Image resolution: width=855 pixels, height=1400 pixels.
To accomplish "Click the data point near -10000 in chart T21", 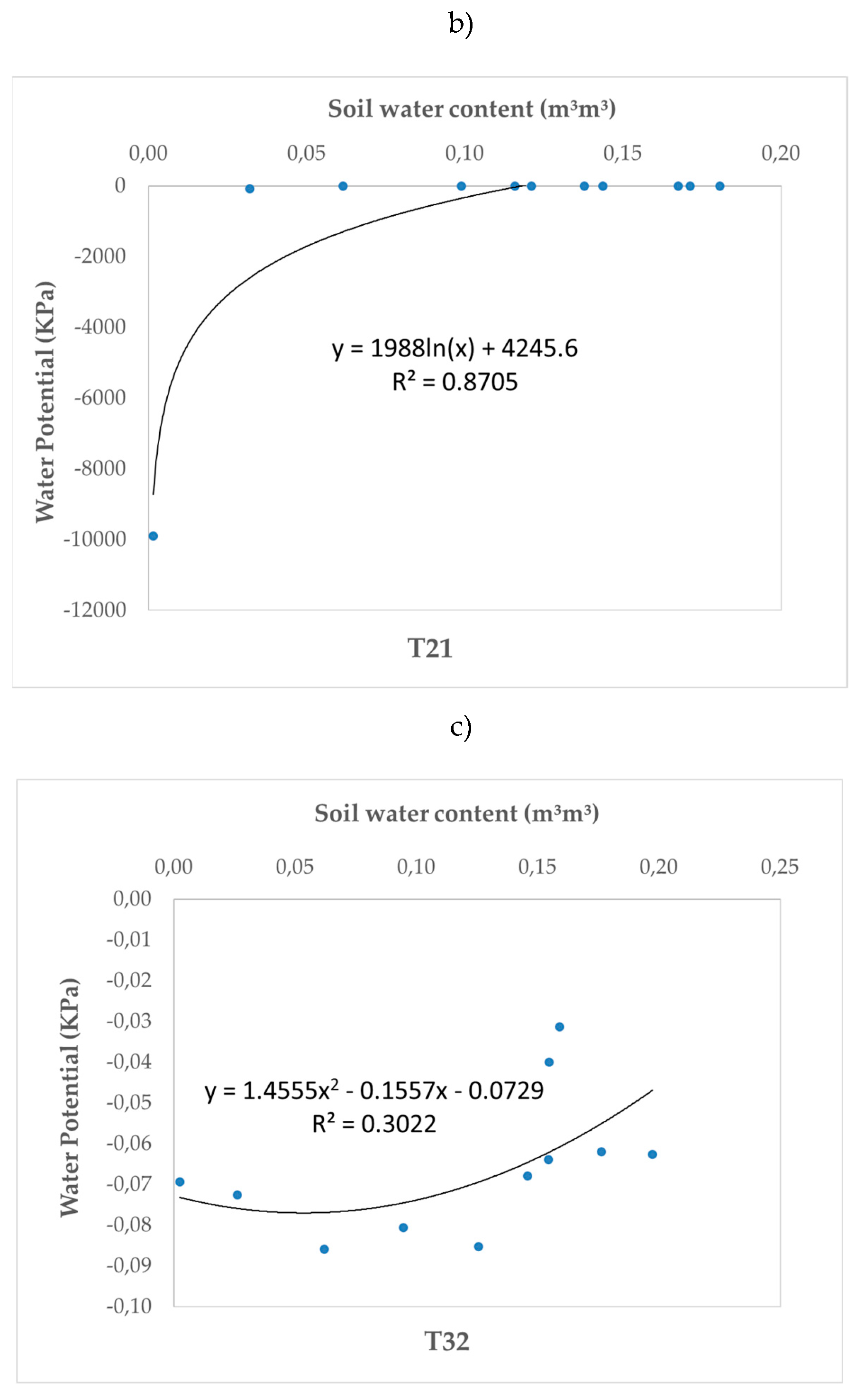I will [x=153, y=535].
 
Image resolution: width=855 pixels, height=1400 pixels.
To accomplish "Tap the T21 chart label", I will [x=429, y=648].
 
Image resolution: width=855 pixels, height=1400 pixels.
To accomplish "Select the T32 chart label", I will [x=446, y=1340].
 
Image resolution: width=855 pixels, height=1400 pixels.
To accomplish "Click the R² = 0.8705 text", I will [x=455, y=381].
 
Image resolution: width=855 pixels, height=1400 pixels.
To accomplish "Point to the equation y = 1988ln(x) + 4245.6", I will [x=455, y=348].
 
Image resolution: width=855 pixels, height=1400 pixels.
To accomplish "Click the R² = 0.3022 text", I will [x=374, y=1123].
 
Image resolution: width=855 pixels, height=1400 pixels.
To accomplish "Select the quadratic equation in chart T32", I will [x=374, y=1090].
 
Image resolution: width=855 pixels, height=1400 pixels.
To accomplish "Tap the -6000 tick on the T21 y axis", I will [x=100, y=397].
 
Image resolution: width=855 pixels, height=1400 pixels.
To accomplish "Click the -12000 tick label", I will [x=95, y=609].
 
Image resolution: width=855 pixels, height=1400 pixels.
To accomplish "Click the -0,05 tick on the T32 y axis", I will [x=129, y=1102].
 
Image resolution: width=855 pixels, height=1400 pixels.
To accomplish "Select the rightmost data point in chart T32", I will [x=652, y=1153].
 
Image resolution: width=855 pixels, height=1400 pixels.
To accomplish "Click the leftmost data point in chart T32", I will [x=180, y=1181].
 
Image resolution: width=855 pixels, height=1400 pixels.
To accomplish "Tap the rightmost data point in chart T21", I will [x=719, y=186].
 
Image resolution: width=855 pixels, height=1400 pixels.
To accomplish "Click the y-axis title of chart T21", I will [x=45, y=401].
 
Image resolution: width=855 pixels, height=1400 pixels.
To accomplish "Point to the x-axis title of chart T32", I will [x=456, y=813].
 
